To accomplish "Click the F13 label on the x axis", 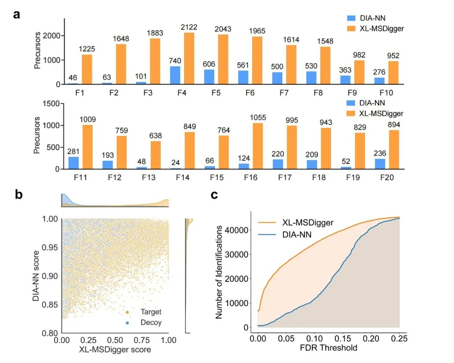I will [148, 177].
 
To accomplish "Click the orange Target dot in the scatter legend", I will [127, 312].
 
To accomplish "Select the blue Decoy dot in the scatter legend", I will [127, 323].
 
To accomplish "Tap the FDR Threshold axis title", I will [328, 348].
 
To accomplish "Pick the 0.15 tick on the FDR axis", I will [343, 338].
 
